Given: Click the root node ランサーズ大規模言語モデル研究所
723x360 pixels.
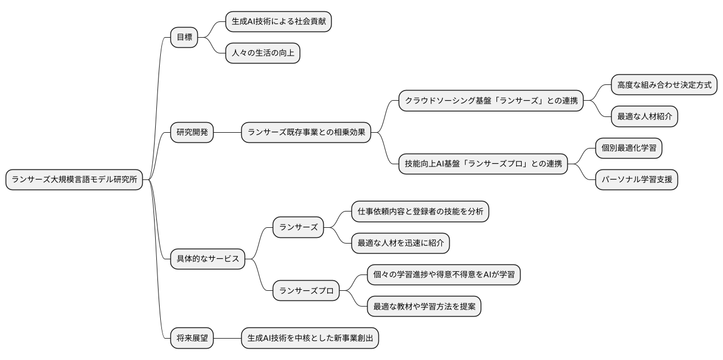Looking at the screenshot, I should click(x=75, y=180).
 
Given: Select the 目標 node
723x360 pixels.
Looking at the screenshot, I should click(x=184, y=38).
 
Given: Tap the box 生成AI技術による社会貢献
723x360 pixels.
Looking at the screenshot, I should click(x=278, y=22).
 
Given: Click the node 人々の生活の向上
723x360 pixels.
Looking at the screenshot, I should click(x=263, y=54).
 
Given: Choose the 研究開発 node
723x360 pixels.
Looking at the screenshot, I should click(x=192, y=133).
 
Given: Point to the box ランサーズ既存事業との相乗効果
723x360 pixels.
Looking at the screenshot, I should click(x=306, y=133).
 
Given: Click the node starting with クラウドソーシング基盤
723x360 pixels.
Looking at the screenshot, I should click(x=491, y=101).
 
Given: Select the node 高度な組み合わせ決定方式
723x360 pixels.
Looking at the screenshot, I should click(x=664, y=85).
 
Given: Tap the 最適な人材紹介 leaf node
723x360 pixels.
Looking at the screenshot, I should click(x=644, y=117).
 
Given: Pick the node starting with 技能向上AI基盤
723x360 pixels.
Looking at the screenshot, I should click(x=483, y=164).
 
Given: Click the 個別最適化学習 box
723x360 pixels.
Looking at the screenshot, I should click(x=629, y=148).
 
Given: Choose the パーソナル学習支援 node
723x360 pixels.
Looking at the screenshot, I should click(x=636, y=180).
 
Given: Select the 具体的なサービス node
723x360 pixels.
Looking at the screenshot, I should click(x=207, y=259).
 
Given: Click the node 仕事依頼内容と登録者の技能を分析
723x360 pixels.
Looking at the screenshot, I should click(x=420, y=211).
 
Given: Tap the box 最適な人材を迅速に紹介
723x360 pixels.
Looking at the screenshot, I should click(x=400, y=243).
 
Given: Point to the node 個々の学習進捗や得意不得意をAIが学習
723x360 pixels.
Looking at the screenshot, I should click(x=444, y=275).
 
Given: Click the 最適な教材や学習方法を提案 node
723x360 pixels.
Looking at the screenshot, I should click(x=424, y=307).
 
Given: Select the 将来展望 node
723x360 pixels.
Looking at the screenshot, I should click(x=192, y=338).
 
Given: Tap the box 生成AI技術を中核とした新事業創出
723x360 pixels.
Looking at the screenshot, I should click(x=310, y=338).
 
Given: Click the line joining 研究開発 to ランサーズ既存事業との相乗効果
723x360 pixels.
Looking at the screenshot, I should click(x=228, y=133).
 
